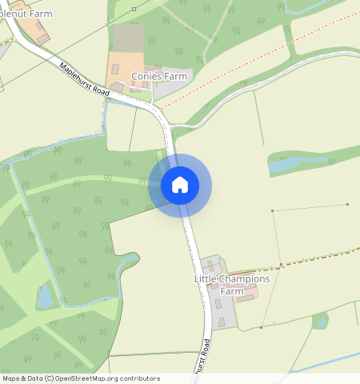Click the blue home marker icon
180,185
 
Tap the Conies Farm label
159,77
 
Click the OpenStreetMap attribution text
81,378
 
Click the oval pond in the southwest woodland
45,297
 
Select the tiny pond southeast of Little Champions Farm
322,322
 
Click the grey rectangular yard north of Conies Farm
128,37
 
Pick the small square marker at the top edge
134,9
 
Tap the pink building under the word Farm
246,298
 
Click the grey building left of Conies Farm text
118,86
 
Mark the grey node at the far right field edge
348,204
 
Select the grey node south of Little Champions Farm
262,327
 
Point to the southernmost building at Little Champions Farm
222,322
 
